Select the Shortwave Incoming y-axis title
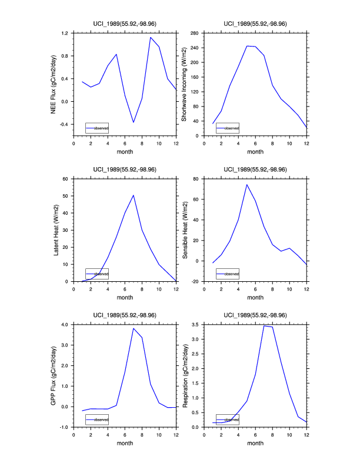pos(184,84)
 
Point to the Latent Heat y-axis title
pos(56,230)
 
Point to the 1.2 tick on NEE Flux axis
pos(65,34)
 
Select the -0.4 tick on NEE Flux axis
pos(64,125)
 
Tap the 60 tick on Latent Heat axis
pos(66,179)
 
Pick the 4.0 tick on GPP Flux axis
pos(65,325)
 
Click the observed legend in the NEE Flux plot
pos(97,128)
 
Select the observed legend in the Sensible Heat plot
pos(228,274)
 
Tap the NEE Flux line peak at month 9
pos(151,38)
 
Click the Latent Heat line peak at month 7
pos(134,195)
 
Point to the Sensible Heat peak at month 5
pos(247,185)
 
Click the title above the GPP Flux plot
pos(125,315)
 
